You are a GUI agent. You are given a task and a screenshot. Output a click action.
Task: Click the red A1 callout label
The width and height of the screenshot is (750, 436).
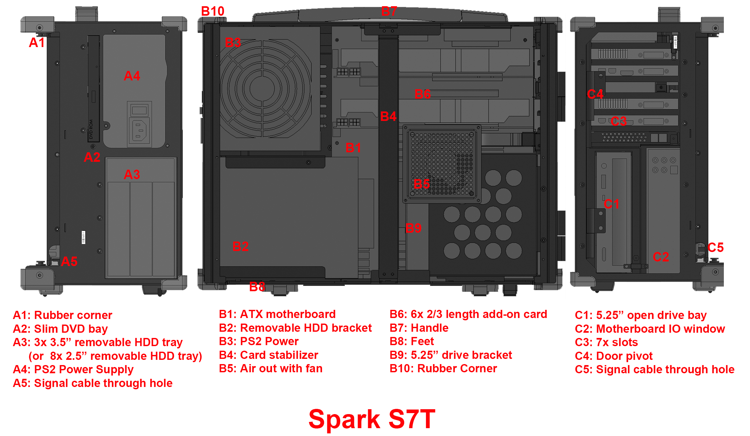37,42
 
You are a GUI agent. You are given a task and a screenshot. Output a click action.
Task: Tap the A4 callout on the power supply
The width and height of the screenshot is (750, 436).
132,76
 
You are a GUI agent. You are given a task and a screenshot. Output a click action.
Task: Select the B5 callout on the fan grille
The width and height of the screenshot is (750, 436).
422,184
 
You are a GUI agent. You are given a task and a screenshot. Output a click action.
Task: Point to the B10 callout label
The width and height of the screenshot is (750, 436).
213,11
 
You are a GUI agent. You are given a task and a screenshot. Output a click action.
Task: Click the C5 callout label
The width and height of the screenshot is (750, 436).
715,247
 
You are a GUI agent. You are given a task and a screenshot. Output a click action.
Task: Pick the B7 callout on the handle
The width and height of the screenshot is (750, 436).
389,11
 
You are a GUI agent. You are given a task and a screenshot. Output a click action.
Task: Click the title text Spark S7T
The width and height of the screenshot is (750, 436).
372,419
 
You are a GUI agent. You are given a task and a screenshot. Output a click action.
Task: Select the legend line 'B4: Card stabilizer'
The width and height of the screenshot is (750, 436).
268,355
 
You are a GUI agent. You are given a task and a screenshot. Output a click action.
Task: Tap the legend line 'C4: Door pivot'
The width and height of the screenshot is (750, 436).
613,356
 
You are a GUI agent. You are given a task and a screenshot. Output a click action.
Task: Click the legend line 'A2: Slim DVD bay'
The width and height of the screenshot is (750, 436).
60,329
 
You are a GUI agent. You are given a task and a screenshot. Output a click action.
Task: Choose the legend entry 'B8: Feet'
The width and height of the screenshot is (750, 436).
412,341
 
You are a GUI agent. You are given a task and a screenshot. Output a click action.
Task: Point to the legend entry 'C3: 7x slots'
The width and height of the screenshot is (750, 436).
606,342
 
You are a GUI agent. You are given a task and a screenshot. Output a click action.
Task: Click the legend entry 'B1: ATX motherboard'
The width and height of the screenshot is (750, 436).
277,314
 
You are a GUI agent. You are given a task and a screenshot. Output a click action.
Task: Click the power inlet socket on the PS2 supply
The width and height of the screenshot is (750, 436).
139,130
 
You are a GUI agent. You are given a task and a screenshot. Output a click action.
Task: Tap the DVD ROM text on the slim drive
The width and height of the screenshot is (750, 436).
91,129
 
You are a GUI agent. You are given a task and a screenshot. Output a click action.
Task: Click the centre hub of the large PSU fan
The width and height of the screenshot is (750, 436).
262,88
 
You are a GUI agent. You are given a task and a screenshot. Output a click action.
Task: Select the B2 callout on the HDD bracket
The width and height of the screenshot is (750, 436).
241,246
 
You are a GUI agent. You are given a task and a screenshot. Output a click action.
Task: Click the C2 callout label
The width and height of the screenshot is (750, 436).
661,257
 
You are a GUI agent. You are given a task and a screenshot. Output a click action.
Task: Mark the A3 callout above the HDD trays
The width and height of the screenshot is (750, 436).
132,175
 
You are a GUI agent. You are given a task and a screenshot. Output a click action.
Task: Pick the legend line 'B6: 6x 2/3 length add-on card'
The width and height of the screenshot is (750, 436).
468,314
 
